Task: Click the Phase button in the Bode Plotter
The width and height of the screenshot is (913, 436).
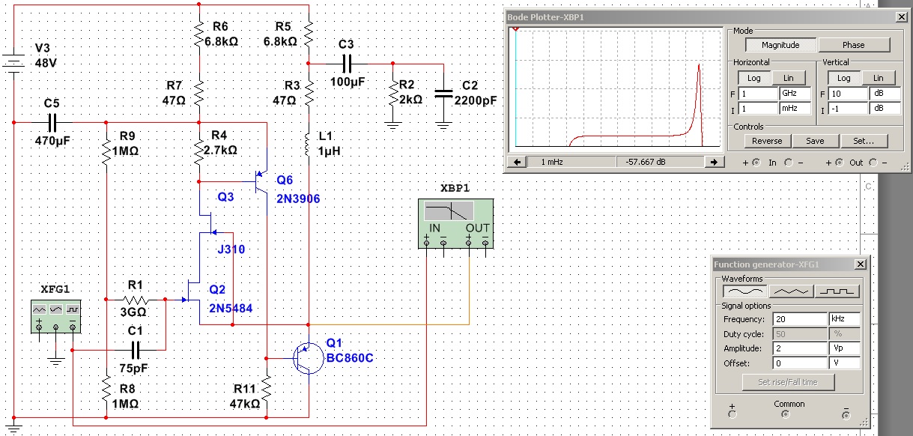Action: [854, 45]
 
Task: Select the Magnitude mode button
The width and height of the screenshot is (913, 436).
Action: [780, 45]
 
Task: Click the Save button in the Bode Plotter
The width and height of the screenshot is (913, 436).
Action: [815, 141]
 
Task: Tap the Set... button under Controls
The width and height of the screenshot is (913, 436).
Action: [864, 141]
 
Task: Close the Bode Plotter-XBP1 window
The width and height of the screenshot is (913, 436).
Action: [902, 17]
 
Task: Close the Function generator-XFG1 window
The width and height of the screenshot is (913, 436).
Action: [861, 264]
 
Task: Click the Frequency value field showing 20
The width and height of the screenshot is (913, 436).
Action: [800, 319]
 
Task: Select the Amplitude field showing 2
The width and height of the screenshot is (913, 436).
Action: [800, 348]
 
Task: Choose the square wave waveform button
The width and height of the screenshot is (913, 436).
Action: [837, 291]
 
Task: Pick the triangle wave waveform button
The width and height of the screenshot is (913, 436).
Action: [791, 291]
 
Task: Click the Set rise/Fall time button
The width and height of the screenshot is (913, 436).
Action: [788, 382]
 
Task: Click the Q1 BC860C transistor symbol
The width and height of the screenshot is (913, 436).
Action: [308, 359]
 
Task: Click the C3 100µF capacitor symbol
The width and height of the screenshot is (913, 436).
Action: [347, 64]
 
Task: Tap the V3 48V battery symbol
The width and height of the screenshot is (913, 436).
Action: [14, 64]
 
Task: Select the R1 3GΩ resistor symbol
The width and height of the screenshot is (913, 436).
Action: [136, 300]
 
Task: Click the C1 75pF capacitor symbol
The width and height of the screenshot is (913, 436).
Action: [136, 350]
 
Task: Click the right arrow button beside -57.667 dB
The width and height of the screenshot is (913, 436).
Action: [714, 162]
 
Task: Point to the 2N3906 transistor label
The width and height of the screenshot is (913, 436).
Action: [298, 199]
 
